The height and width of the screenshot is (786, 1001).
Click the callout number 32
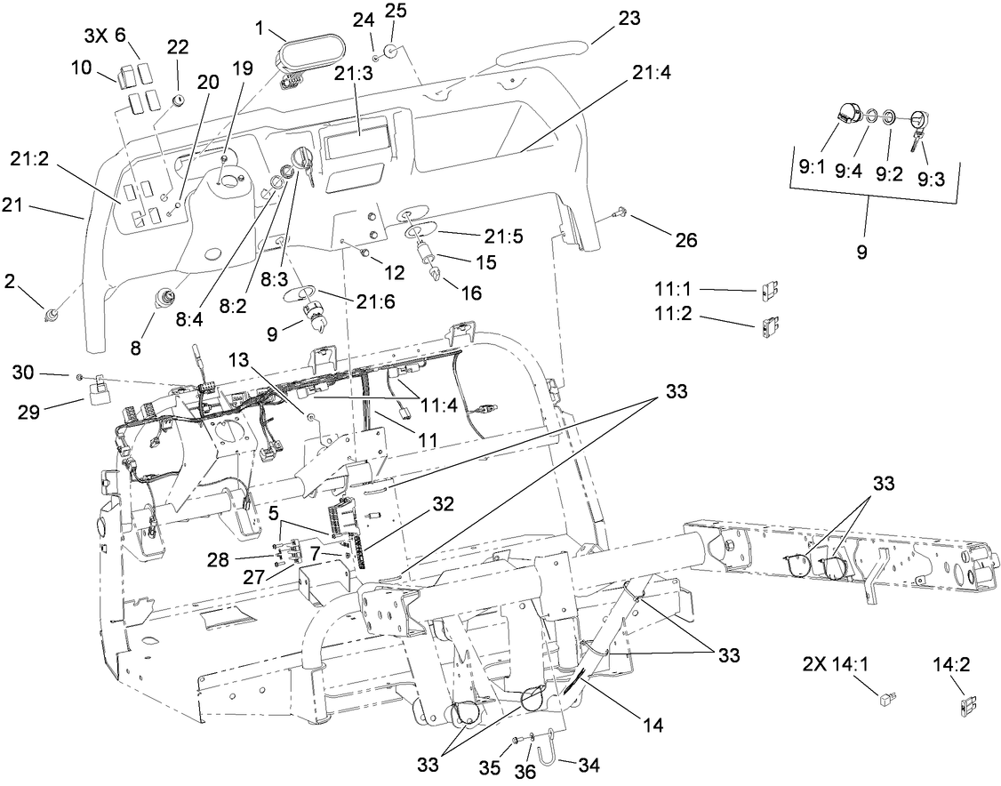444,504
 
